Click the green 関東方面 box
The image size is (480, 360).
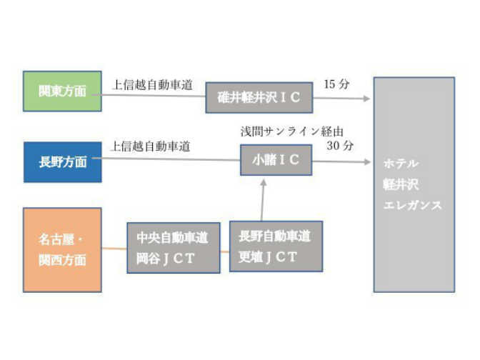pos(61,91)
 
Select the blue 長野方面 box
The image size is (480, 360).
pos(61,162)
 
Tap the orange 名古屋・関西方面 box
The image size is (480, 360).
pos(62,249)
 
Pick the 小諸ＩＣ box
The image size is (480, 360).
pos(276,161)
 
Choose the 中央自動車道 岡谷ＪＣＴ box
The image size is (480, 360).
pos(174,248)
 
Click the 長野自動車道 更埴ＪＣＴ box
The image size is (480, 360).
pos(276,246)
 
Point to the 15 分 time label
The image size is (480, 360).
pos(336,84)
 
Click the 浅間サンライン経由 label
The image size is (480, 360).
pos(293,132)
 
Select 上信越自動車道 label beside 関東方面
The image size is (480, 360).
pos(152,84)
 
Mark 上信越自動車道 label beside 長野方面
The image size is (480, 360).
pos(151,147)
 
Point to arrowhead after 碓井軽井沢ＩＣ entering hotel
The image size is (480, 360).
pos(367,99)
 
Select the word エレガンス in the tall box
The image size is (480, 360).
pos(411,206)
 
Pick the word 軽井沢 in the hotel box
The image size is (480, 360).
pos(400,184)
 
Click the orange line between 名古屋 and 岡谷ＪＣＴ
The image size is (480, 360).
pos(114,249)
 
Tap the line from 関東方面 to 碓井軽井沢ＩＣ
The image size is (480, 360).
pos(154,95)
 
